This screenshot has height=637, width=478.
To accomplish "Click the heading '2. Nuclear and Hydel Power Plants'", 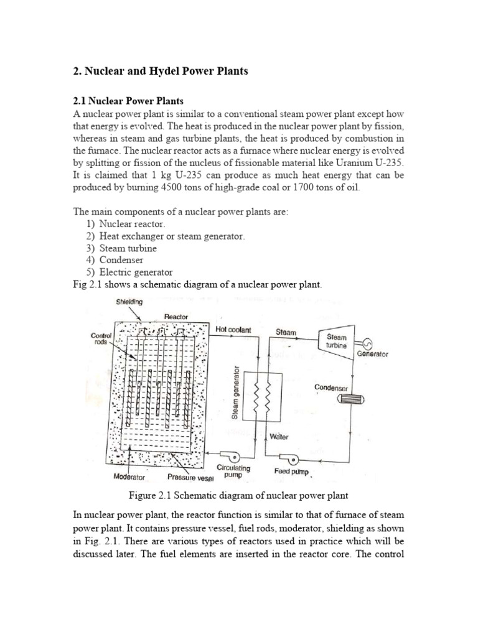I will tap(161, 72).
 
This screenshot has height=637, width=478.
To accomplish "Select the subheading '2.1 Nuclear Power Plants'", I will tap(129, 100).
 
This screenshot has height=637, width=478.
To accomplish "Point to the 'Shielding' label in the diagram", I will tap(129, 302).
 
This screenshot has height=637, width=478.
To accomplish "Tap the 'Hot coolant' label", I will tap(233, 330).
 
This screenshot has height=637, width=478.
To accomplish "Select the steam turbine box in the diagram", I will tap(337, 340).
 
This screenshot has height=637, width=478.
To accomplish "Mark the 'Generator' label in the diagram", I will tap(372, 354).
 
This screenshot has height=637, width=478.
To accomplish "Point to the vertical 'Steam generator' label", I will tap(236, 392).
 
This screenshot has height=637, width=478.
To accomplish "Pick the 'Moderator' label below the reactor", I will tap(129, 477).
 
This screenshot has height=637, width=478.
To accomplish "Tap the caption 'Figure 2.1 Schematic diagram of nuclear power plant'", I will tap(238, 496).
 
